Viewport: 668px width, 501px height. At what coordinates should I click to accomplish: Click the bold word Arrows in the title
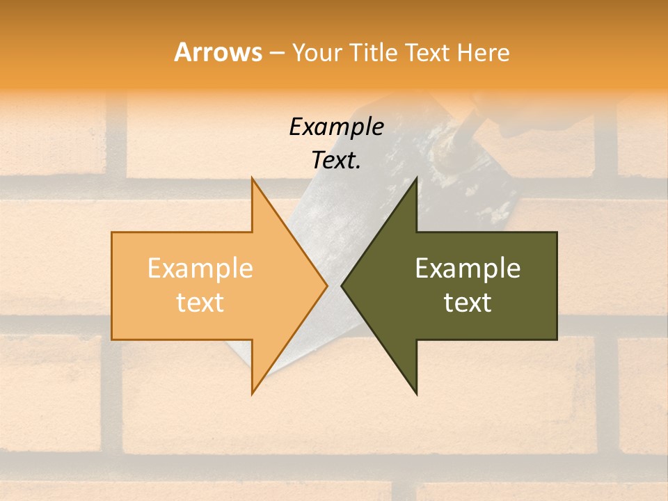218,52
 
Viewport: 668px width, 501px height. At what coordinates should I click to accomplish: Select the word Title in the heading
379,52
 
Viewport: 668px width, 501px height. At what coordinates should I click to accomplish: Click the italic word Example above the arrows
336,127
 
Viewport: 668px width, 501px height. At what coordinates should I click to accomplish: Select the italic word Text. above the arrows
336,161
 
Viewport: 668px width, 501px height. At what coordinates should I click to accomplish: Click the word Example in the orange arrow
200,269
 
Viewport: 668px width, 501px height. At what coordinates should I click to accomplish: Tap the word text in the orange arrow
200,303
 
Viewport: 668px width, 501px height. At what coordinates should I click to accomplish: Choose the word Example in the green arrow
468,269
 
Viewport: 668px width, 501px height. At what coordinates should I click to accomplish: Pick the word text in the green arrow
468,303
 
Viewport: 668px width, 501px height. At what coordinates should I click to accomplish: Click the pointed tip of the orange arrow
326,285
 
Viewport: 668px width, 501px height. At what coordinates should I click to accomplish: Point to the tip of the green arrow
342,285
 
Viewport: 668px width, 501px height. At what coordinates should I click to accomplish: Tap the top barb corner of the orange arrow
252,178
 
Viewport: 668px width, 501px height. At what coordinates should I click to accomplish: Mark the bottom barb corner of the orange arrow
252,393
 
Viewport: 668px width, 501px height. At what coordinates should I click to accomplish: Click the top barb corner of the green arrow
416,178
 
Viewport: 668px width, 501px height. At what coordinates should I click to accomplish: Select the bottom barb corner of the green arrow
416,393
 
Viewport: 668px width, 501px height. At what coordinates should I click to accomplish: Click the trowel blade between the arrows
334,230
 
